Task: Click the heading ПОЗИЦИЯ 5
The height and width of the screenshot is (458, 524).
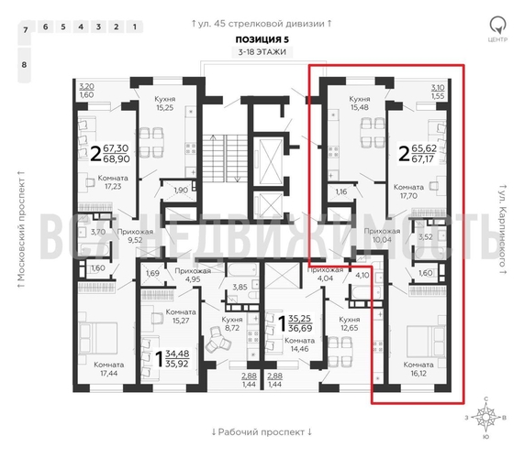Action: click(261, 39)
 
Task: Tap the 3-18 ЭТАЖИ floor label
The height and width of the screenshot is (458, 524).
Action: click(261, 53)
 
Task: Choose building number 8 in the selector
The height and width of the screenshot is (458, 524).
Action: click(26, 65)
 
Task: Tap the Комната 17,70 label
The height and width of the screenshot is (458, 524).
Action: click(407, 191)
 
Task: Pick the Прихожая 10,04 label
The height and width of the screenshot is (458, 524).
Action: click(382, 237)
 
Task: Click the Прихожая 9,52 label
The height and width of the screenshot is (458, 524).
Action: click(134, 238)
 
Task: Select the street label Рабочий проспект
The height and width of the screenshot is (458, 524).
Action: click(262, 431)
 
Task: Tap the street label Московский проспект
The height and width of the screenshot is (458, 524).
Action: click(18, 229)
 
